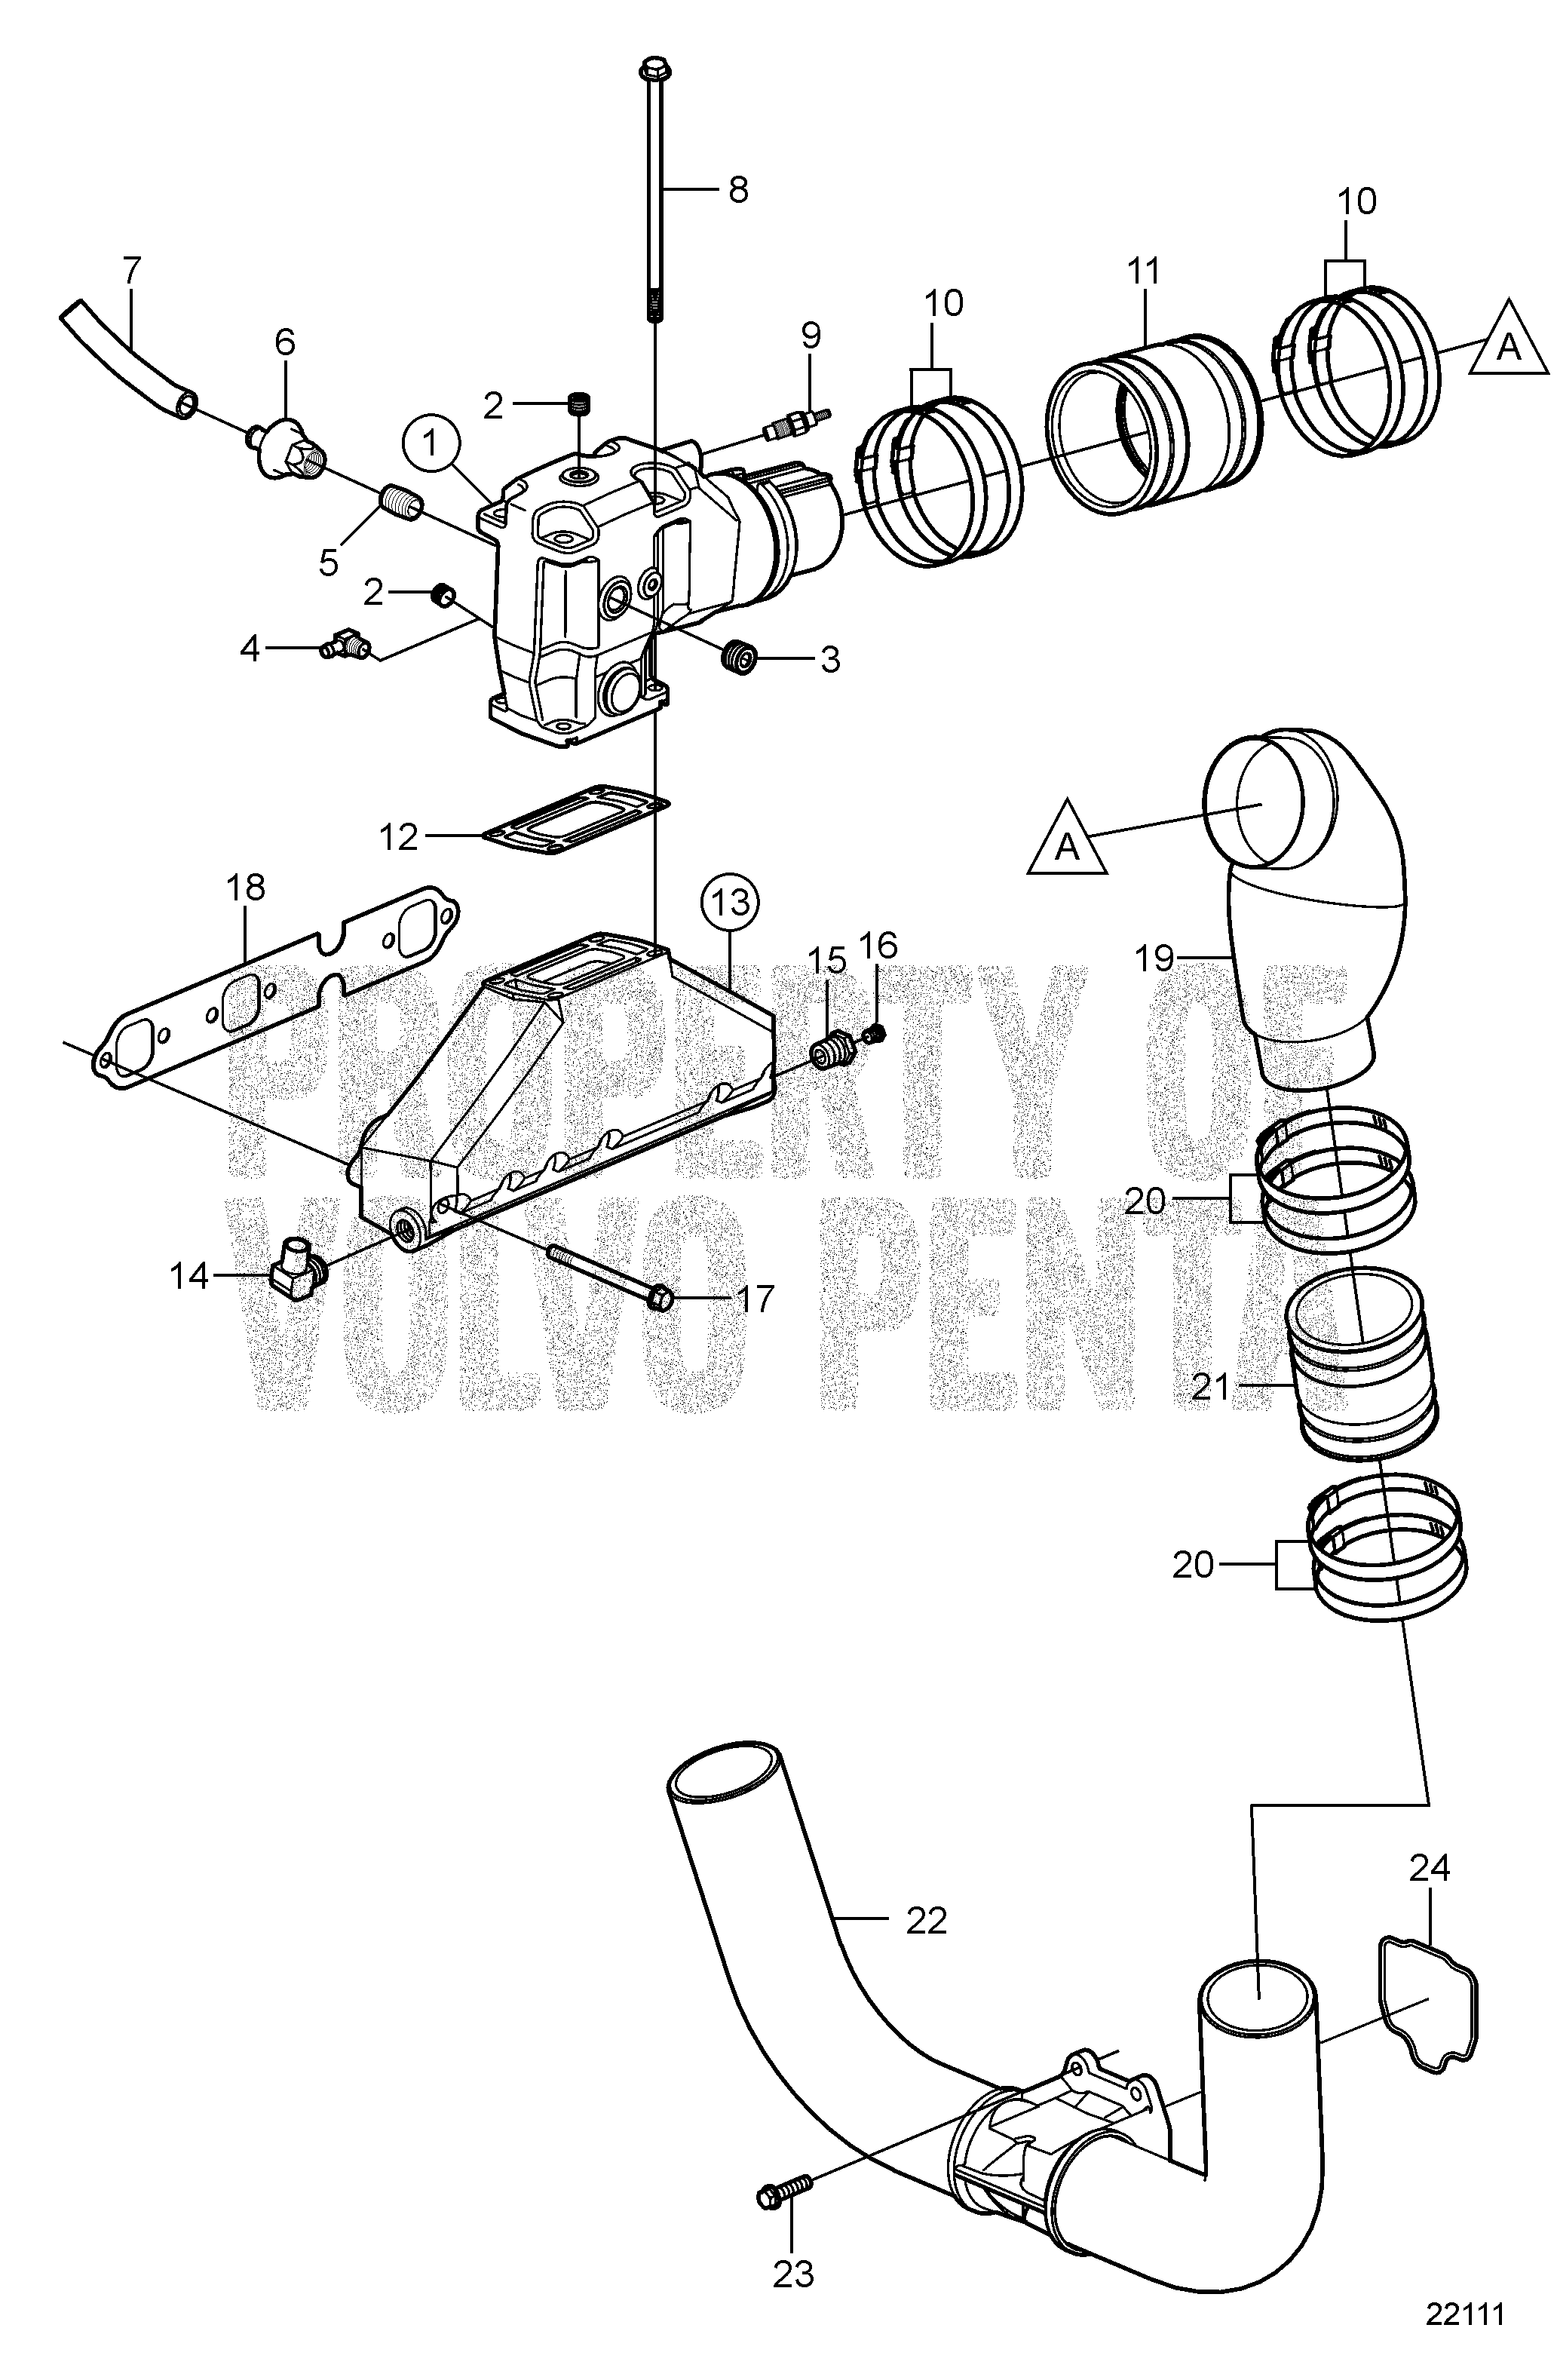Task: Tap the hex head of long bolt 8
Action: (x=654, y=70)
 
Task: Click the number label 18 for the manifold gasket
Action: (x=246, y=886)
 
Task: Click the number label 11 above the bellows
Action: (x=1144, y=271)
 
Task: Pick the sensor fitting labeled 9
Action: (x=796, y=422)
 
